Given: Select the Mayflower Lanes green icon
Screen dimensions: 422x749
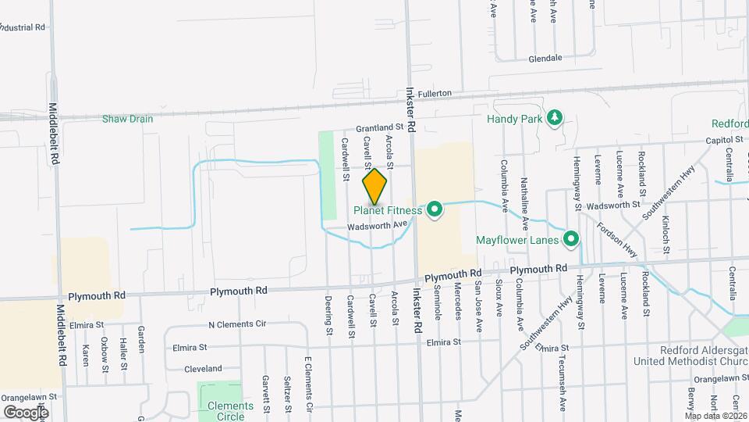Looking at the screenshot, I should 571,239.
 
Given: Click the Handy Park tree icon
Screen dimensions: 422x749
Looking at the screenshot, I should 555,119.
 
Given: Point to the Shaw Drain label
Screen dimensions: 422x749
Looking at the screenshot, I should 128,119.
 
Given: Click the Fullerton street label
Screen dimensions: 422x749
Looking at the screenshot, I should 435,94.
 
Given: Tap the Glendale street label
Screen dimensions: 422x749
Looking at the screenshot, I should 545,59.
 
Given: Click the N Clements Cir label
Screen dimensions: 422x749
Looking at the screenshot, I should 237,324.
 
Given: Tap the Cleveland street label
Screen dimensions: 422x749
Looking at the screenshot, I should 203,368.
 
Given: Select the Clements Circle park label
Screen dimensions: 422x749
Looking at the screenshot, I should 231,411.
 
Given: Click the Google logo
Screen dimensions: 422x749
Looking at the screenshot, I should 26,412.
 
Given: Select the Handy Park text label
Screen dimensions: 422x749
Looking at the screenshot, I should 514,120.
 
